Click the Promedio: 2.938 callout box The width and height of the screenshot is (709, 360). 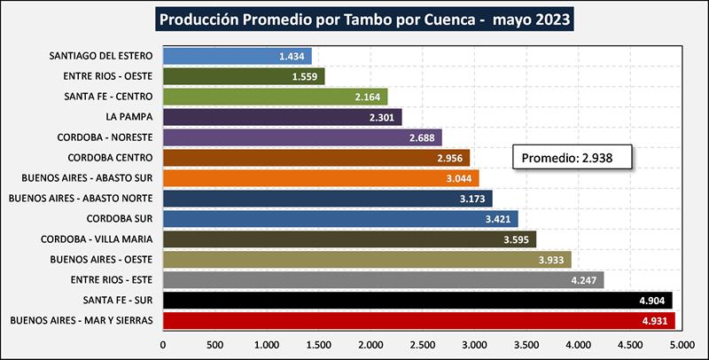(x=573, y=158)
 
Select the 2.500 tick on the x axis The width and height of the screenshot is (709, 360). (x=423, y=342)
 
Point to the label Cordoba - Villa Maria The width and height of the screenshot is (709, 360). (x=97, y=239)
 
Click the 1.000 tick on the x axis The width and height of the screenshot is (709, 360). (x=267, y=342)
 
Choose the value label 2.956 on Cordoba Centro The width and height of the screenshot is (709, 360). (x=450, y=158)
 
